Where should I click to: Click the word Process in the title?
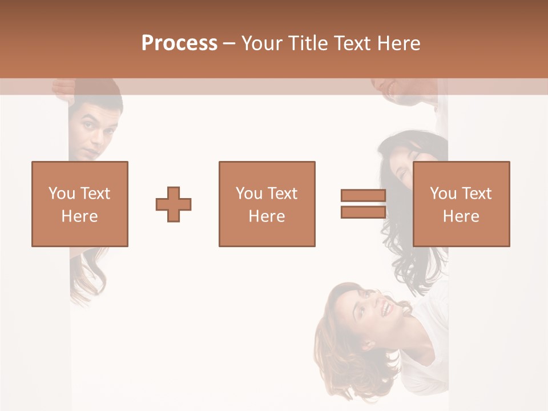[179, 43]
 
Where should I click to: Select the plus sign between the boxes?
[174, 204]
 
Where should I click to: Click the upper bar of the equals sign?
[363, 195]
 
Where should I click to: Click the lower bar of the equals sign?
[363, 212]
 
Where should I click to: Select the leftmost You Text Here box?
[79, 204]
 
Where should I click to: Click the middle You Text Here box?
[267, 204]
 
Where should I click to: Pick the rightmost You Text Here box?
[461, 204]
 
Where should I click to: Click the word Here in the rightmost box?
[461, 216]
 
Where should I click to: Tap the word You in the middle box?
[249, 194]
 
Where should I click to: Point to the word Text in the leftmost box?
[95, 194]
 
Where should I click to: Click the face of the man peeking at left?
[97, 131]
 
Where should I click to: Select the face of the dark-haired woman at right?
[402, 168]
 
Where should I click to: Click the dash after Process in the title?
[229, 43]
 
